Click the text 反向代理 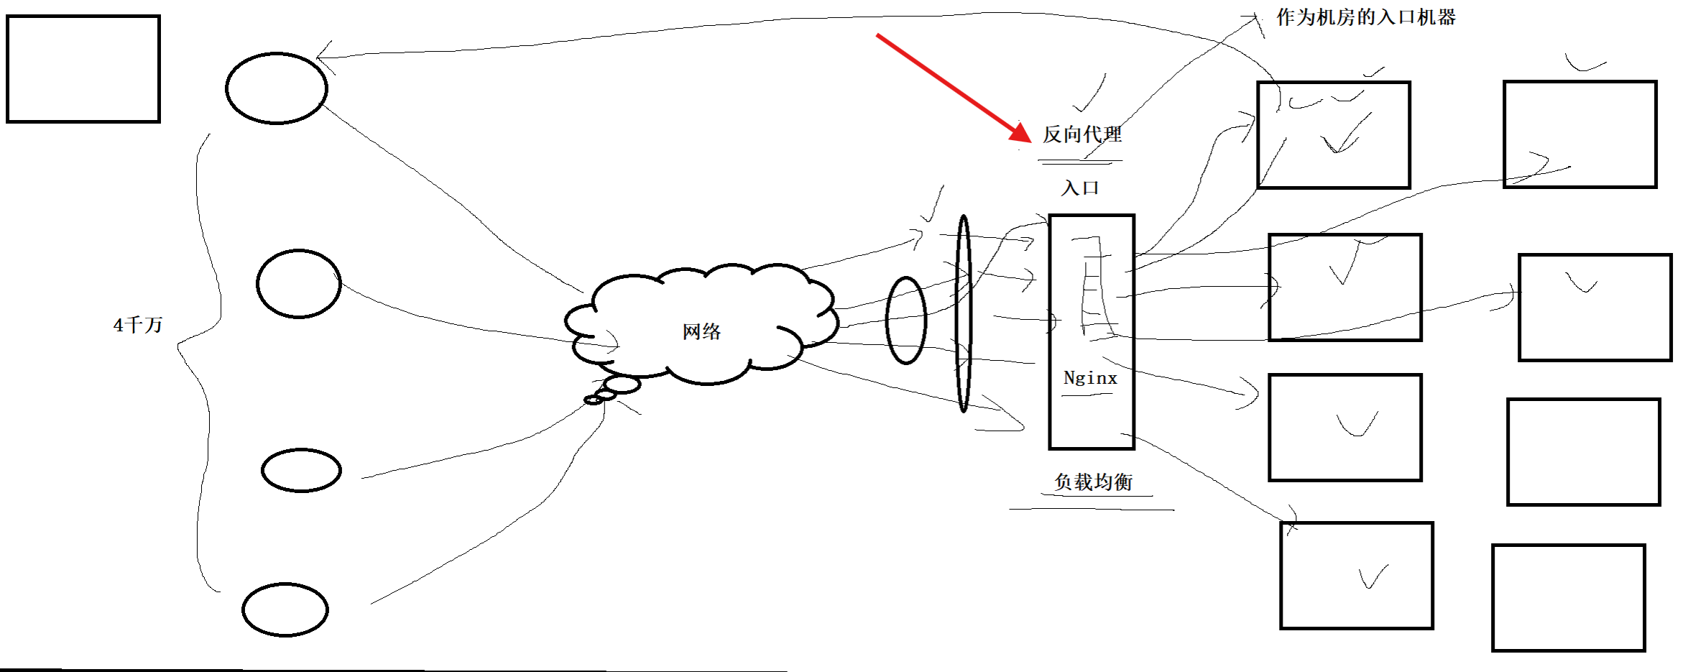[1082, 134]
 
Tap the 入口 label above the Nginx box [1080, 188]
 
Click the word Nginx [1090, 379]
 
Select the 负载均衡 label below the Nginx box [1093, 482]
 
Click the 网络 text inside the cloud [701, 331]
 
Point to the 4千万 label [138, 325]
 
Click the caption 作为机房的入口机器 [1365, 17]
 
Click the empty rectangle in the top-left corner [83, 69]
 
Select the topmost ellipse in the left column [277, 88]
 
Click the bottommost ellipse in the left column [285, 609]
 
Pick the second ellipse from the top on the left [299, 284]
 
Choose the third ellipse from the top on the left [301, 471]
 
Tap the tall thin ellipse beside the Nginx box [964, 313]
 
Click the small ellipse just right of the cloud [906, 321]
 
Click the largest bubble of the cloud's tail [622, 385]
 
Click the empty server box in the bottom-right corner [1569, 598]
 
